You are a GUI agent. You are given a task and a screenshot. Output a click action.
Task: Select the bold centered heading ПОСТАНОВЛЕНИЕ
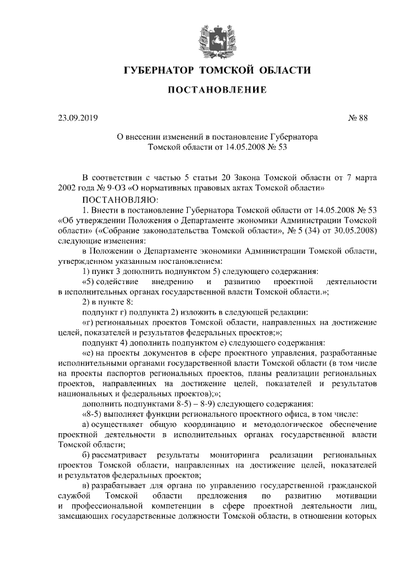(217, 91)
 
